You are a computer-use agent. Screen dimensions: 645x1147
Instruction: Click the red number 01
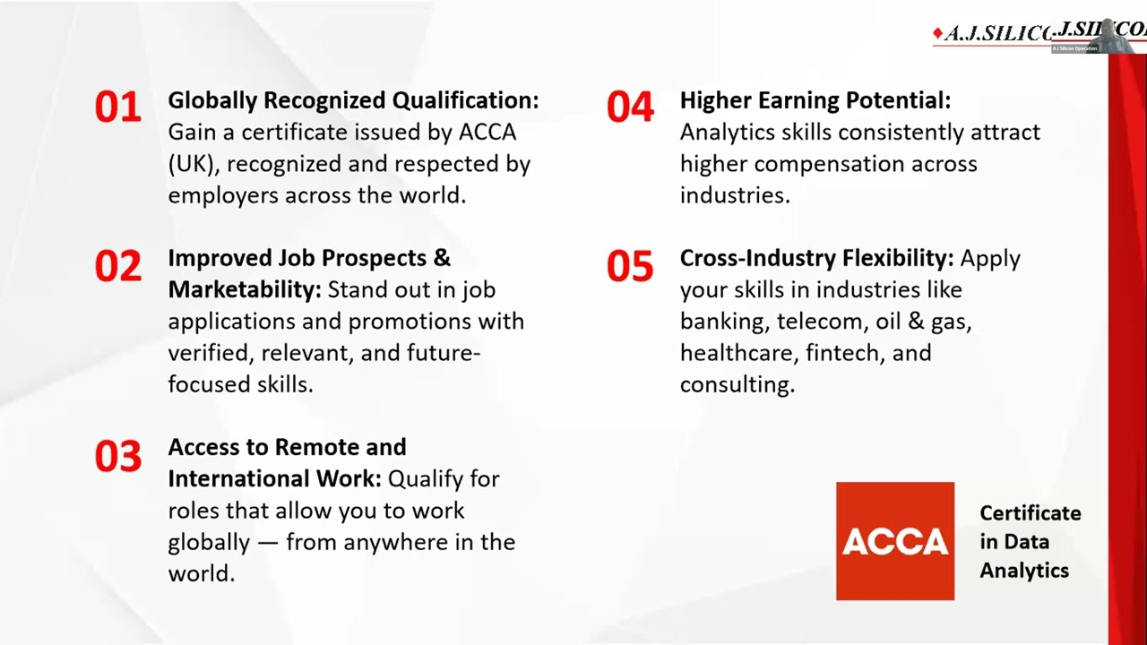tap(118, 107)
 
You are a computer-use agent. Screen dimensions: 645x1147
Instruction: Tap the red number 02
tap(118, 266)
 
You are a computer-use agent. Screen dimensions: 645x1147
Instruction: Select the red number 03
tap(118, 456)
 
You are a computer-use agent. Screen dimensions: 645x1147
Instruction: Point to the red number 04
tap(630, 107)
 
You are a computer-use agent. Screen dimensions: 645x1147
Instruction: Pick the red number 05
tap(630, 266)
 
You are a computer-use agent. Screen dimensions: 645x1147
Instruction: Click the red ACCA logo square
tap(894, 541)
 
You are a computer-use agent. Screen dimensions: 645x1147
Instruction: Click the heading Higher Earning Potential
tap(815, 100)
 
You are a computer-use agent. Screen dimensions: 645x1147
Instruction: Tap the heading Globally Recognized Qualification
tap(353, 100)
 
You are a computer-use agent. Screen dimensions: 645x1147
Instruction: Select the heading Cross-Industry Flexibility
tap(816, 258)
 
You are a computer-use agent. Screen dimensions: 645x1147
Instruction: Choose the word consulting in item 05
tap(737, 384)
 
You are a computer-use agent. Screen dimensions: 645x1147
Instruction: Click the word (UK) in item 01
tap(192, 164)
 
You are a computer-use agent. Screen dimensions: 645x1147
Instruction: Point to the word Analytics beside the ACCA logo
tap(1023, 571)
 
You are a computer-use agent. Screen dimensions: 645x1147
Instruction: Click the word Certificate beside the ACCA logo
tap(1030, 513)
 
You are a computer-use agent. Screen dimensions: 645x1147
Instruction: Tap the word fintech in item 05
tap(841, 353)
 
